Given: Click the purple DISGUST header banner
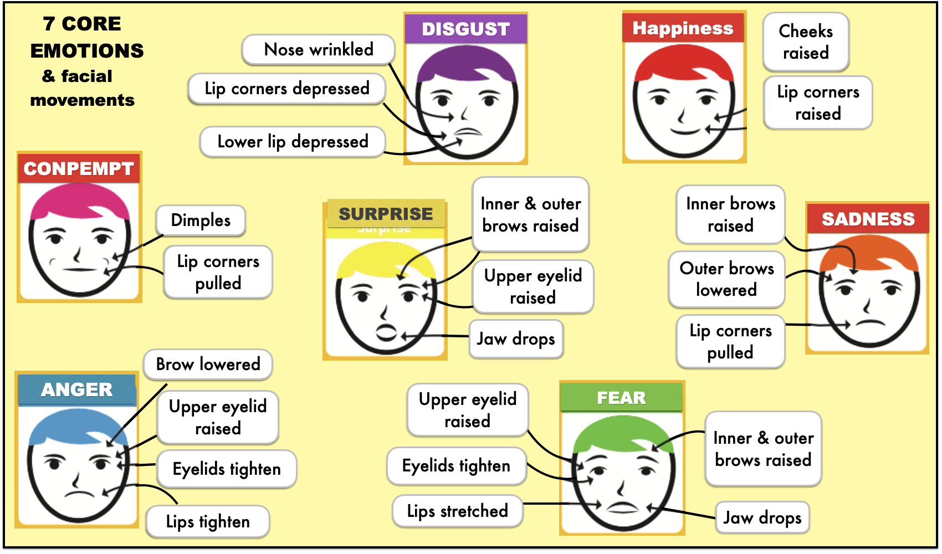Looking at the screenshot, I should [x=465, y=29].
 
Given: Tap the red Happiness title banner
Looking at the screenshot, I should [x=683, y=28].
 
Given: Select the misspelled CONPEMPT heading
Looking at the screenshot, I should [x=79, y=168].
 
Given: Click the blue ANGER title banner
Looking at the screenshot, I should [x=77, y=389].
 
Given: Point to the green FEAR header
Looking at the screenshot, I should [x=621, y=398].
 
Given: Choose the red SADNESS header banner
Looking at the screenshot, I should [x=868, y=219].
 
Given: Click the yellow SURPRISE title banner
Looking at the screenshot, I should [x=386, y=214].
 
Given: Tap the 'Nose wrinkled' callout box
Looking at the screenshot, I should [x=319, y=49].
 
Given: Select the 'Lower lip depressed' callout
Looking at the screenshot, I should [x=293, y=142].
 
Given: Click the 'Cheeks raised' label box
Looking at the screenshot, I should [x=806, y=42].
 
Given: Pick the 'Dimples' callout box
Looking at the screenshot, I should [x=201, y=220].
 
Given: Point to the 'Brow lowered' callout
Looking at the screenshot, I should [x=208, y=364].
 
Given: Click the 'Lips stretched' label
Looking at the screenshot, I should [x=457, y=511].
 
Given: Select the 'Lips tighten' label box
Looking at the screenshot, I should [x=208, y=521].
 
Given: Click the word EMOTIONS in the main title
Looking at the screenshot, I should [x=87, y=51].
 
